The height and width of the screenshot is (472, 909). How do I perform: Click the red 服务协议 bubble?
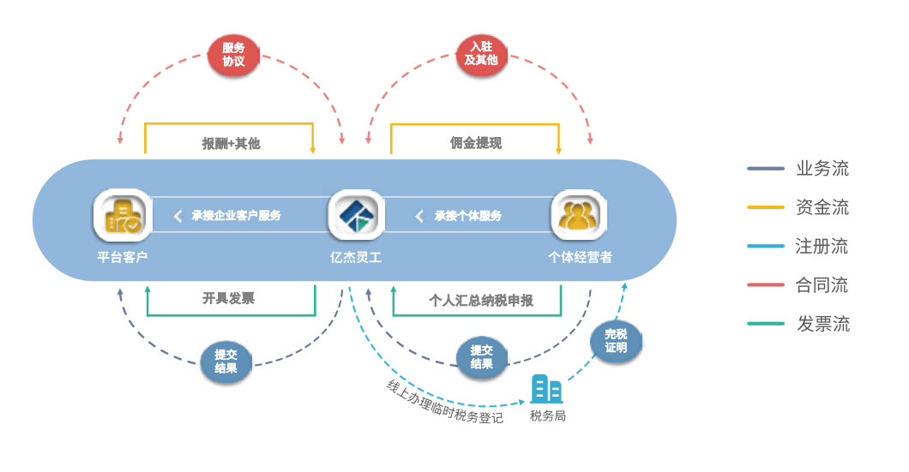(x=233, y=55)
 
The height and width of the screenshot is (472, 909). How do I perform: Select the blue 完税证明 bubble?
(x=616, y=341)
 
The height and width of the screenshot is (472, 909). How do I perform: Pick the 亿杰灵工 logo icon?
(x=355, y=215)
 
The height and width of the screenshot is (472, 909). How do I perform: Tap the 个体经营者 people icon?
(x=579, y=215)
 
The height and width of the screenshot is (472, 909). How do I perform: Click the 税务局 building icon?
(x=546, y=390)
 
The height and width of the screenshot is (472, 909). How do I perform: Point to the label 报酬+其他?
(x=231, y=143)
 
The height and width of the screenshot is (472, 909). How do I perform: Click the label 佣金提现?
(x=476, y=143)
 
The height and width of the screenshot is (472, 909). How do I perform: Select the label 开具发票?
(x=228, y=298)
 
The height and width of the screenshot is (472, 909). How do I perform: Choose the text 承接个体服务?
(x=467, y=216)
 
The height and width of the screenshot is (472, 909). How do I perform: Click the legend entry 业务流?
(x=822, y=169)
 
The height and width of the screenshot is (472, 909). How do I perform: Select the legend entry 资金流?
(x=822, y=207)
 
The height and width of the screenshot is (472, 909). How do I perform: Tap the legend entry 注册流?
(x=822, y=247)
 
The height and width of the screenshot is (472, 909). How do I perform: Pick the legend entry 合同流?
(x=822, y=285)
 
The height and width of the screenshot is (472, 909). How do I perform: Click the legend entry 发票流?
(x=822, y=324)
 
